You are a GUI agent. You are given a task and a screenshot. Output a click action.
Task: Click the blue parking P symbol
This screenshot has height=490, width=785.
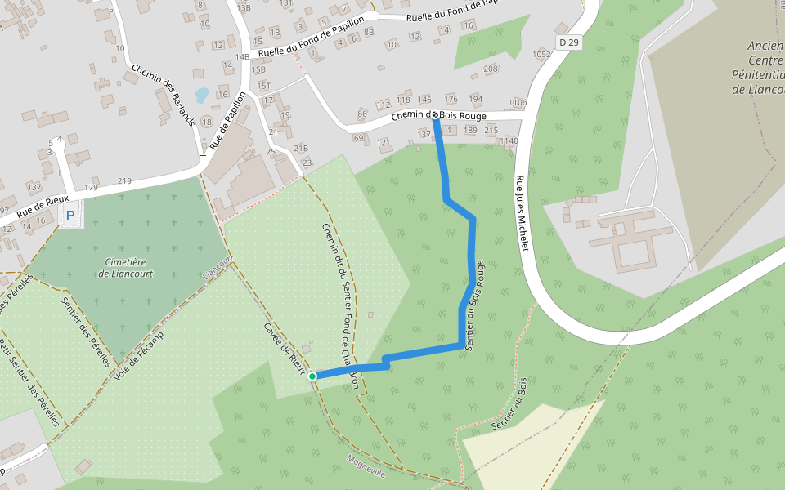pos(70,216)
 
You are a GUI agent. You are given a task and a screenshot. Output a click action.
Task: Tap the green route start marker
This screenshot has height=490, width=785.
pos(312,376)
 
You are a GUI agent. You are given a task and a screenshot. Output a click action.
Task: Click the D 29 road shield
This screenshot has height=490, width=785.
pos(569,41)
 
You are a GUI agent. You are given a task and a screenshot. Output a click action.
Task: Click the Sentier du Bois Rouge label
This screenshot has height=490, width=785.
pos(475,305)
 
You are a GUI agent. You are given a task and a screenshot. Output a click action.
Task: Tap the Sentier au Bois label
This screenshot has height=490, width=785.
pos(510,405)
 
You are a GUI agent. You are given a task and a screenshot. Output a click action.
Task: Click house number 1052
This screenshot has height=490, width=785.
pos(541,55)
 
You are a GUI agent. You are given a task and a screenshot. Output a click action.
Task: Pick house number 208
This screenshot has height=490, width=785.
pos(491,69)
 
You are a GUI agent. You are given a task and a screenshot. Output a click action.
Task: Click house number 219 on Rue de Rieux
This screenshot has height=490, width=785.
pos(124,180)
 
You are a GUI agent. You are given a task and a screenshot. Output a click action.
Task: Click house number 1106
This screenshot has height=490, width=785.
pos(517,102)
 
